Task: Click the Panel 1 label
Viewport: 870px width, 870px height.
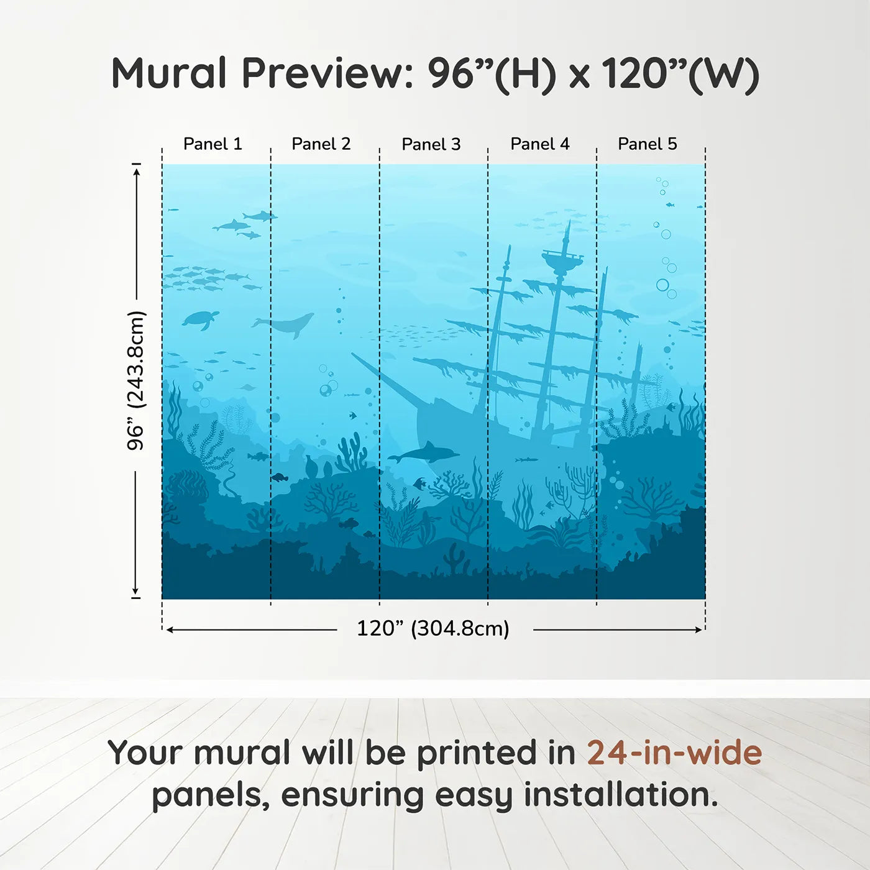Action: (x=213, y=144)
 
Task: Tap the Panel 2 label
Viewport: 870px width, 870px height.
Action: (x=321, y=144)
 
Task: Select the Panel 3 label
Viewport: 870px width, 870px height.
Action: (x=431, y=145)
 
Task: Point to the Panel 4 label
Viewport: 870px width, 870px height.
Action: (x=540, y=144)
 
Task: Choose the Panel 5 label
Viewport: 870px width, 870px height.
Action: (x=648, y=144)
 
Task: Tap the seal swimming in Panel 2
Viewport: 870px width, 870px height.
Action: (x=287, y=324)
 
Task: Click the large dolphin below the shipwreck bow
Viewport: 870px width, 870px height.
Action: (x=425, y=454)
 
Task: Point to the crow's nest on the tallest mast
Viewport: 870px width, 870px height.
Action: (x=562, y=259)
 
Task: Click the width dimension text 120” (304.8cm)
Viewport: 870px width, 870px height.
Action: (x=433, y=629)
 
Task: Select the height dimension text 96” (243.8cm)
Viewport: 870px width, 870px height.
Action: (x=135, y=380)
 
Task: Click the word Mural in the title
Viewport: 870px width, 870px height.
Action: (x=169, y=73)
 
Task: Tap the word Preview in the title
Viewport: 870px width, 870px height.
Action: (x=323, y=73)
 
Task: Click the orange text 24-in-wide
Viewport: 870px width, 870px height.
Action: (x=674, y=753)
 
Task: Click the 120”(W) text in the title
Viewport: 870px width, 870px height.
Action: (x=680, y=75)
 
